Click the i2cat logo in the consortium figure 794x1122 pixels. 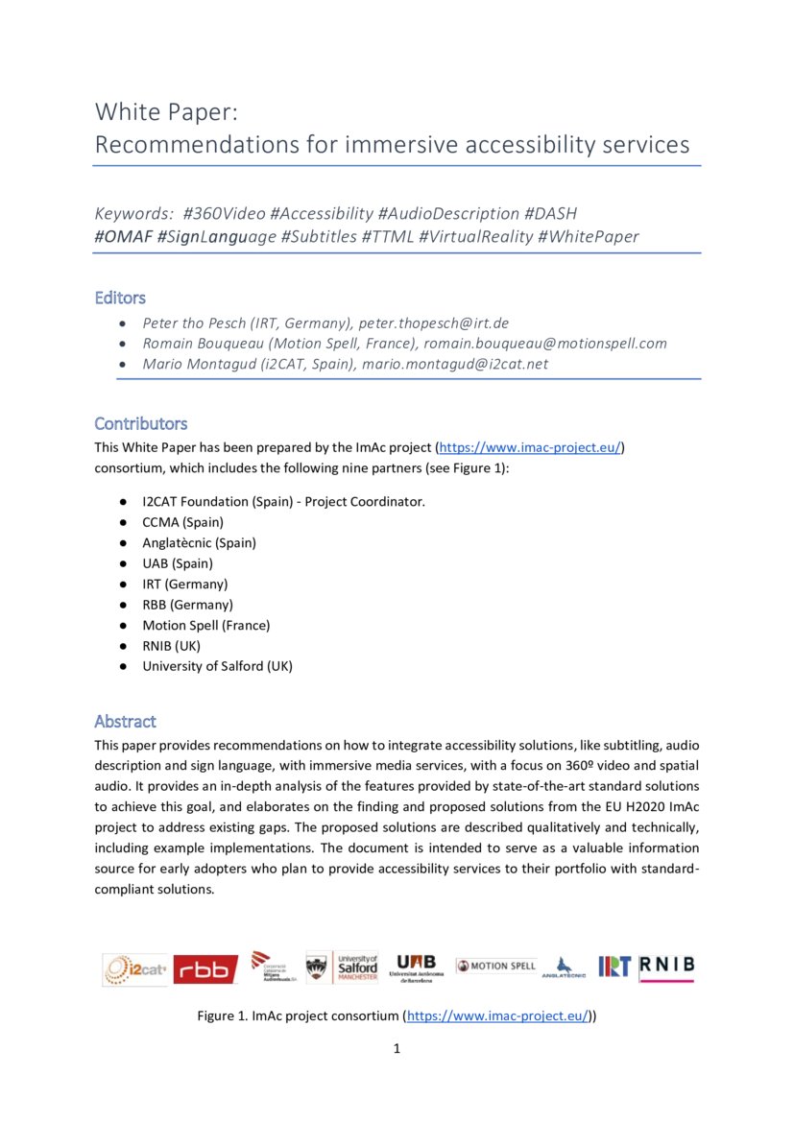click(135, 969)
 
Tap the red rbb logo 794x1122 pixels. click(205, 969)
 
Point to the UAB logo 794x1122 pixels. click(416, 967)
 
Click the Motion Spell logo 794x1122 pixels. click(495, 966)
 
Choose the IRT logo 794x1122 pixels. click(614, 967)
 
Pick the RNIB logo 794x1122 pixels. click(666, 967)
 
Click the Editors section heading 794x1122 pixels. click(120, 298)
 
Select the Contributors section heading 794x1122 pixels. click(140, 423)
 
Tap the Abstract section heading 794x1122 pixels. click(125, 721)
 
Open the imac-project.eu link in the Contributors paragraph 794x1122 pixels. click(531, 447)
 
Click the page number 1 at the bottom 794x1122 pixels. click(397, 1048)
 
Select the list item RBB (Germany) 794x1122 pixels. click(187, 605)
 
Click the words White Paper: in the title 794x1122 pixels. click(166, 111)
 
